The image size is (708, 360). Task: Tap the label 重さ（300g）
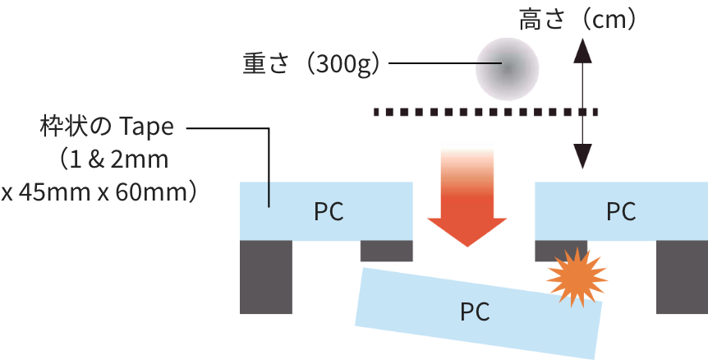tap(311, 64)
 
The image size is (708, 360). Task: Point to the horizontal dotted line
tap(485, 111)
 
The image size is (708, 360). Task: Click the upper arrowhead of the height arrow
tap(582, 51)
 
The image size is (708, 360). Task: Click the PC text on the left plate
tap(329, 211)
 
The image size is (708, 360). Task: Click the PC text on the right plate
tap(621, 211)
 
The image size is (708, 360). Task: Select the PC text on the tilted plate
tap(475, 312)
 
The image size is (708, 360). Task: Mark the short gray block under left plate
tap(386, 251)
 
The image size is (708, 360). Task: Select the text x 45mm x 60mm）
tap(99, 192)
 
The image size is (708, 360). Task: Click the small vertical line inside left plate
tap(269, 194)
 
